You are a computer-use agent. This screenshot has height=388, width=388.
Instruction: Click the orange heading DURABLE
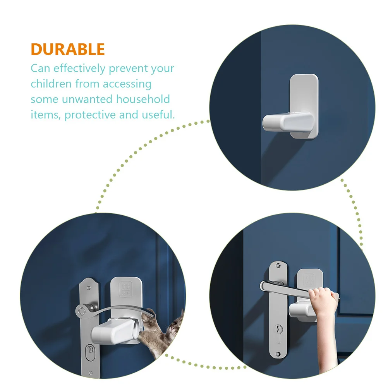coord(68,49)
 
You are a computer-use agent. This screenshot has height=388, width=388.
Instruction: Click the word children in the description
coord(51,84)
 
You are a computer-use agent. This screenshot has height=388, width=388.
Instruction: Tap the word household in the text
coord(143,99)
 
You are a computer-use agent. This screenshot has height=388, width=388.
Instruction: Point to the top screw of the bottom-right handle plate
coord(278,266)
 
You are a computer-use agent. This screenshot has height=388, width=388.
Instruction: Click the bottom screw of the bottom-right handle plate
coord(278,354)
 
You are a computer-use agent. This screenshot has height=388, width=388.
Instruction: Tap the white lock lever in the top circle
coord(288,122)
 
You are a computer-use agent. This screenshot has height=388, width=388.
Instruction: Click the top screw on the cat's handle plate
coord(89,288)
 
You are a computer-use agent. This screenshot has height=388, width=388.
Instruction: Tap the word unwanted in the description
coord(88,100)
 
